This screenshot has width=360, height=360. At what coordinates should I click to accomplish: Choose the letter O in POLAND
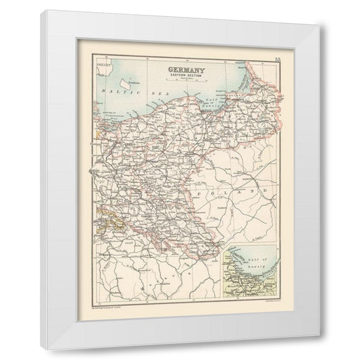coord(213,193)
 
